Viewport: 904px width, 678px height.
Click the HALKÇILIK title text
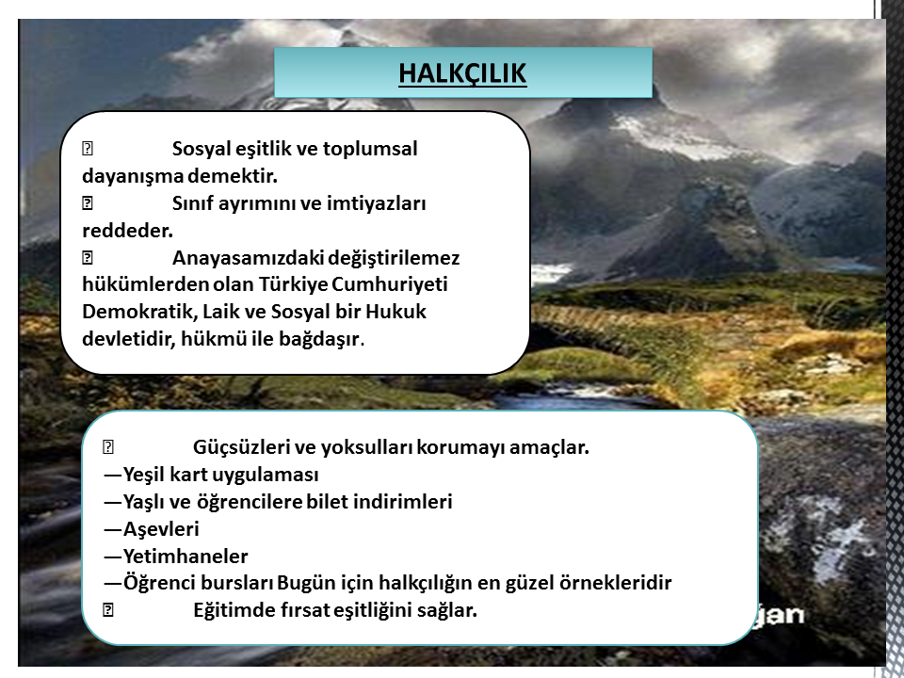point(462,73)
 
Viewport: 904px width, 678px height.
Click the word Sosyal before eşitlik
point(202,150)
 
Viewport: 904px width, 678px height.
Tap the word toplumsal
point(369,150)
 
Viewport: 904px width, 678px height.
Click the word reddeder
point(127,231)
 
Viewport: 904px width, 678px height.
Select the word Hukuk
point(395,312)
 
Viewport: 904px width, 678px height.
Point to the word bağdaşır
point(319,339)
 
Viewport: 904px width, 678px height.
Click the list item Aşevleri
point(161,529)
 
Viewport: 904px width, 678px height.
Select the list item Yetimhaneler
point(186,557)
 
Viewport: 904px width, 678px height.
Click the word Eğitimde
point(235,610)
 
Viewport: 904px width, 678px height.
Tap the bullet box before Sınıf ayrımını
point(88,203)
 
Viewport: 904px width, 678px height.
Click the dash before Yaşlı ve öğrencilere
point(113,502)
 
